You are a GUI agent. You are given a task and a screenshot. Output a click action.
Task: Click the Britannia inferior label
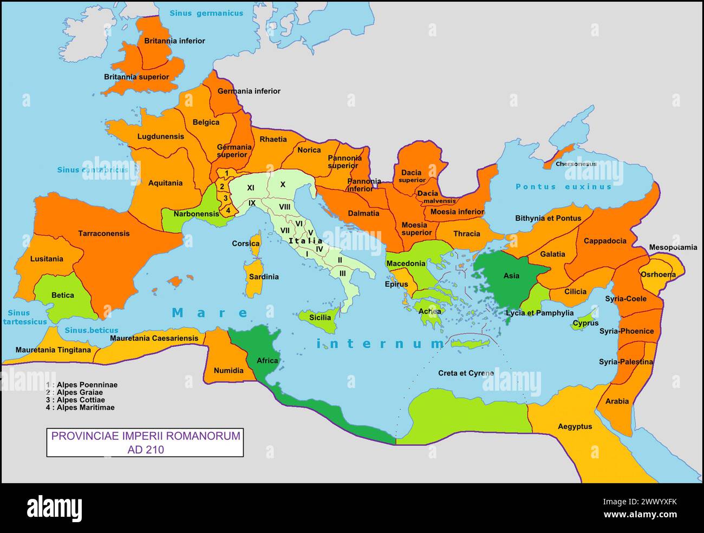174,41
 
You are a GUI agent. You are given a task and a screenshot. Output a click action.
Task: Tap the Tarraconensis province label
104,234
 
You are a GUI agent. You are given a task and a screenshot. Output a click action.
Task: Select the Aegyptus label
575,426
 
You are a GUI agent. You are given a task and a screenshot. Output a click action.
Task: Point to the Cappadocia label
605,241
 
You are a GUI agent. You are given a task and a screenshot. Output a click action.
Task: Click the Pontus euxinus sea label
563,187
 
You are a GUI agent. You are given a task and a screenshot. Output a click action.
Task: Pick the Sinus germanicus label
206,13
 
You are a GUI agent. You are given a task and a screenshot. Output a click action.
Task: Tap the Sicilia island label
320,317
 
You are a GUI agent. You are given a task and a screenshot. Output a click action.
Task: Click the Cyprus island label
585,323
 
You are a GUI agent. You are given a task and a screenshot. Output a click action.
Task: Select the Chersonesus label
576,164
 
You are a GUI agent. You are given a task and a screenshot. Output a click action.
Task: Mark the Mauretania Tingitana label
53,350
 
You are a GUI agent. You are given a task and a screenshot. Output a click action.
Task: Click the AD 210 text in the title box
145,449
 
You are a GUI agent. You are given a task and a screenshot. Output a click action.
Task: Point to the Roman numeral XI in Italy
251,188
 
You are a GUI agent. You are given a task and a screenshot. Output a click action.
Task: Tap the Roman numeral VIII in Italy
285,207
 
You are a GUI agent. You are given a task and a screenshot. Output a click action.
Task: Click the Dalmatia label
363,213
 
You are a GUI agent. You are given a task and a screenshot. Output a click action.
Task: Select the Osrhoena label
658,274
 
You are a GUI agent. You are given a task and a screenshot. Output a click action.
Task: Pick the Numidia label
229,371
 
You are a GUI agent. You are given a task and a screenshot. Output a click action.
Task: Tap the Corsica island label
246,244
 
